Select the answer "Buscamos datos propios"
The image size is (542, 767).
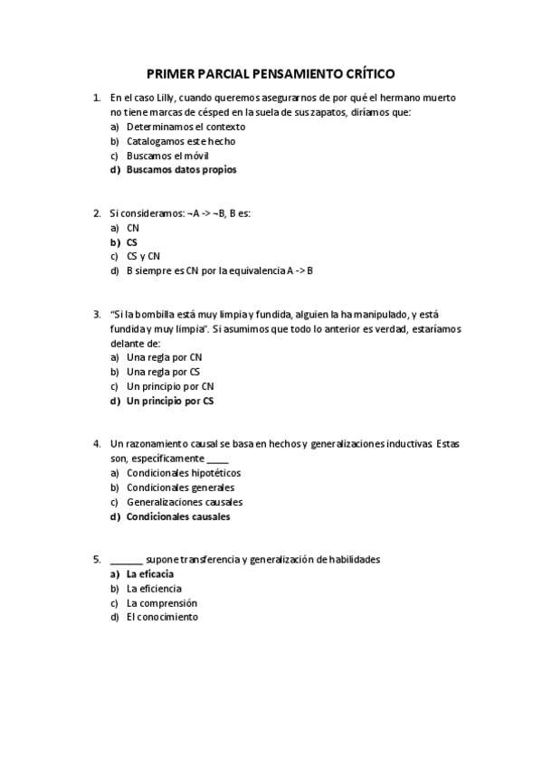[x=181, y=169]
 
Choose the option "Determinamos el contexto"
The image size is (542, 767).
[x=185, y=127]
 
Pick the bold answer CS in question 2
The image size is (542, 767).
[x=132, y=242]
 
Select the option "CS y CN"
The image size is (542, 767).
[x=143, y=256]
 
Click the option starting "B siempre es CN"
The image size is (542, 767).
[x=219, y=270]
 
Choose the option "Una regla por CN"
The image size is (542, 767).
[x=164, y=357]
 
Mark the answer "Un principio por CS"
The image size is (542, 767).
[x=170, y=401]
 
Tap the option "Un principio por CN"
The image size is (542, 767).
[x=169, y=386]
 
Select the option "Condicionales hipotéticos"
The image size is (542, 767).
[x=184, y=473]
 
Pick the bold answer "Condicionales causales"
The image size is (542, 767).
[x=178, y=516]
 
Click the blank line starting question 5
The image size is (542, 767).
[x=126, y=560]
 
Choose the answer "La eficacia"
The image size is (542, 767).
[x=150, y=573]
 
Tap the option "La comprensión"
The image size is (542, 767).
[x=162, y=602]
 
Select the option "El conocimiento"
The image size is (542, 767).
[x=162, y=617]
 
